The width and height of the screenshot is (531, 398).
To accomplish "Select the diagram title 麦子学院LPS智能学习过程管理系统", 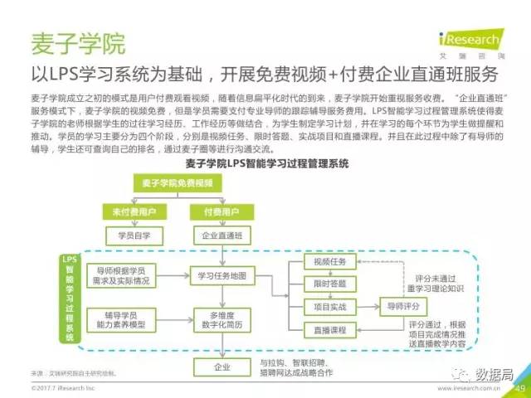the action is pyautogui.click(x=265, y=163).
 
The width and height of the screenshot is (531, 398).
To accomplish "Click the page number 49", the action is pyautogui.click(x=520, y=387).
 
